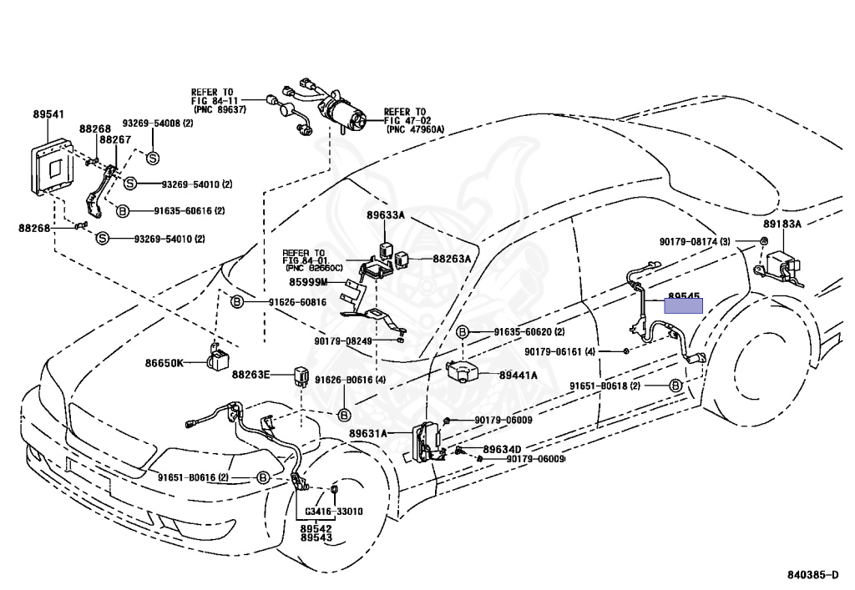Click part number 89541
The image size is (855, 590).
point(49,115)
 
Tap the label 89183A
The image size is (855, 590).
point(782,224)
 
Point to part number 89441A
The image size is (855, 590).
point(518,376)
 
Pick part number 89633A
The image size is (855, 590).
point(385,215)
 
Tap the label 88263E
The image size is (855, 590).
point(251,375)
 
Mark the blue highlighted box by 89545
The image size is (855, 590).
point(684,305)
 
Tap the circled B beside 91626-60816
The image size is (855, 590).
point(236,302)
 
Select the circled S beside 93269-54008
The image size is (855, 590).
point(153,158)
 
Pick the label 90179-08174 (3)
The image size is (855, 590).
point(695,242)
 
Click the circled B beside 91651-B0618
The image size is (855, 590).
point(675,386)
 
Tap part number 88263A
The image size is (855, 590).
point(452,260)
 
